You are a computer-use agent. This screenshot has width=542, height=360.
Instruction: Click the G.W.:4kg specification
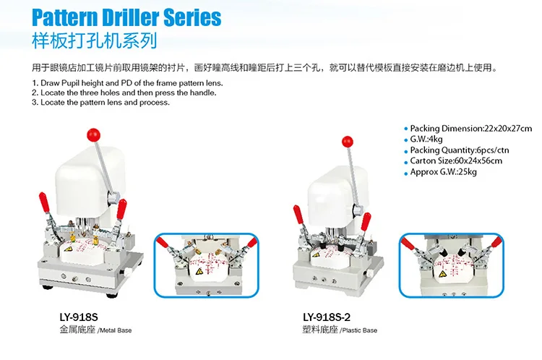point(426,139)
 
